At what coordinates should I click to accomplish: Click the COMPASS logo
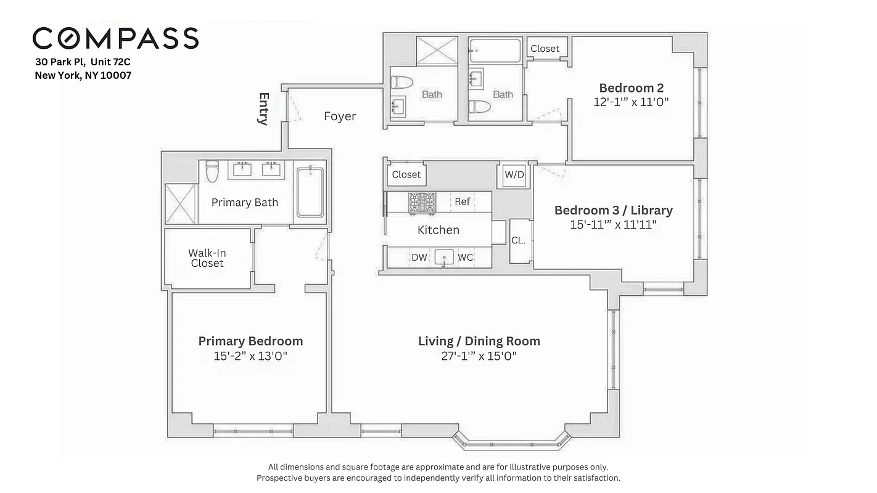(x=115, y=38)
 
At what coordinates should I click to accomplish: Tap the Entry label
(x=264, y=108)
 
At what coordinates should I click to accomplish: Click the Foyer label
(x=340, y=116)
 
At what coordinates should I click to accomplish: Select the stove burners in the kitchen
(x=422, y=202)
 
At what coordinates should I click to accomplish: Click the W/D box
(x=514, y=174)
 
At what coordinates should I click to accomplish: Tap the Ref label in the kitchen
(x=463, y=202)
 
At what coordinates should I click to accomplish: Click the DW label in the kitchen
(x=419, y=257)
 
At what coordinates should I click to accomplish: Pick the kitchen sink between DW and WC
(x=443, y=257)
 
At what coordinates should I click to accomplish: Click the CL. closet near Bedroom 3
(x=518, y=240)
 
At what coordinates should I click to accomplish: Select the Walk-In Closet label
(x=207, y=258)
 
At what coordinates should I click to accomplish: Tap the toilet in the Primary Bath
(x=212, y=171)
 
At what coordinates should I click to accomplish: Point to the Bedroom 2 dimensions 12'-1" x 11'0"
(x=631, y=102)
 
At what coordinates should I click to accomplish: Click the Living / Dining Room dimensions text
(x=479, y=356)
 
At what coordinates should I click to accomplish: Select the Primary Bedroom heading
(x=250, y=341)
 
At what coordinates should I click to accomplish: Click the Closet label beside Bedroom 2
(x=545, y=48)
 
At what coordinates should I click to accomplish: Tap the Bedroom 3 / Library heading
(x=613, y=210)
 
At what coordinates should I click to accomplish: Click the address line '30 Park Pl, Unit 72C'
(x=83, y=62)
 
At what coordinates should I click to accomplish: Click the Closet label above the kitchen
(x=406, y=174)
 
